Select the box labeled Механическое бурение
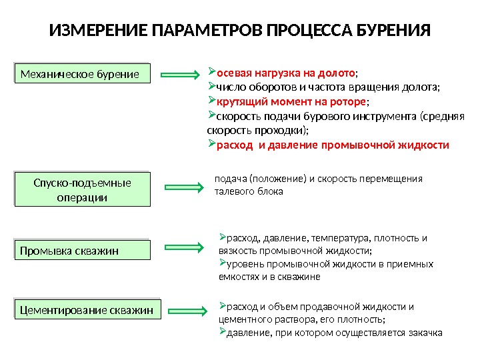[83, 73]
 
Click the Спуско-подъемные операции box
[83, 190]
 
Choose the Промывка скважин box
[83, 251]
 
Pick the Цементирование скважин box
[87, 310]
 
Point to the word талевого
[231, 192]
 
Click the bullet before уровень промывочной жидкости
[223, 263]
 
